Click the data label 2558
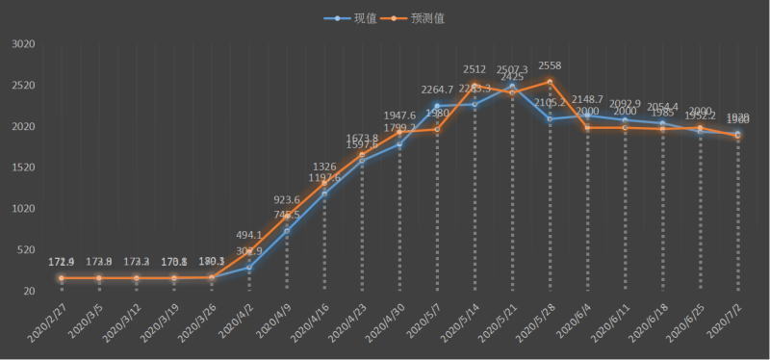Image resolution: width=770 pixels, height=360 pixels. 550,65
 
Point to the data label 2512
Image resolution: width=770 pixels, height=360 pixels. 475,69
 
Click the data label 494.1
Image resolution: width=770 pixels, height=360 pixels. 249,235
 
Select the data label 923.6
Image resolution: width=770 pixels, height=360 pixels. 287,199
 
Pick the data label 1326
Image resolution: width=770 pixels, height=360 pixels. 324,167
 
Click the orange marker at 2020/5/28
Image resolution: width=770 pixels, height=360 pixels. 550,82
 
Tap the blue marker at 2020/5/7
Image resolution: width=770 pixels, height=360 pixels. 437,106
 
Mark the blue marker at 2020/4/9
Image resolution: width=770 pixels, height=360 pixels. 287,231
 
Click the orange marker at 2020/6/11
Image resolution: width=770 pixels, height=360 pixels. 625,128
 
